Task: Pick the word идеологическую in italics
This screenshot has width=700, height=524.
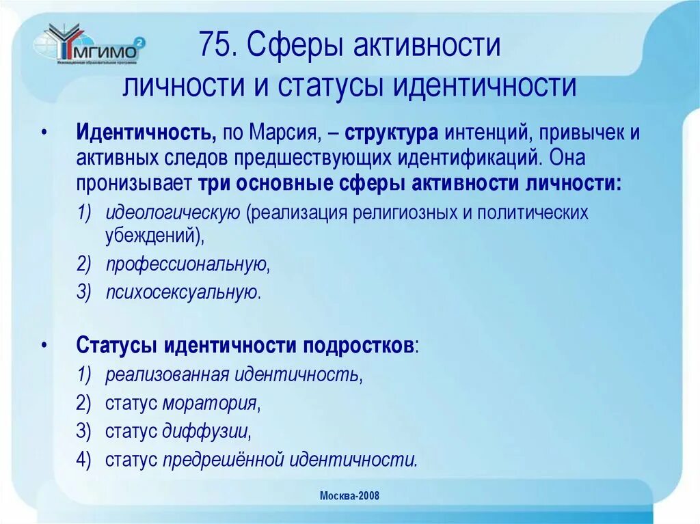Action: point(172,212)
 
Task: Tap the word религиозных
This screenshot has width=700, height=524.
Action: point(403,212)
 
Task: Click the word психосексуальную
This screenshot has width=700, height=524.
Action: point(183,292)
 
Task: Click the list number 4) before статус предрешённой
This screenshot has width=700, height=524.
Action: point(84,460)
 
